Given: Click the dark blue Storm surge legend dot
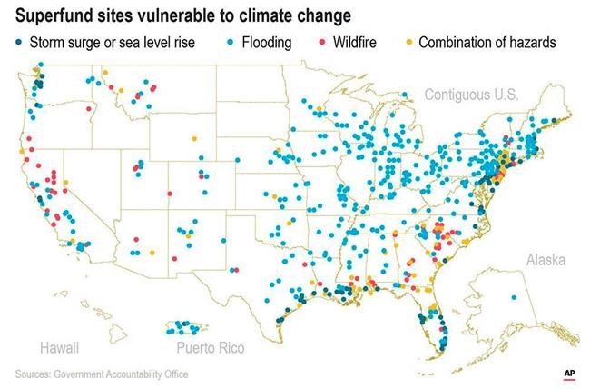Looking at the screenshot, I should [19, 42].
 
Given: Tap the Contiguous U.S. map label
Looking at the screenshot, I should [472, 95].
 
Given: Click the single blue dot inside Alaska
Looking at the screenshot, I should [514, 297].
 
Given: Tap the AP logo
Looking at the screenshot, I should [568, 374].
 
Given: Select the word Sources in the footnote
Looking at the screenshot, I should [32, 374].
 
